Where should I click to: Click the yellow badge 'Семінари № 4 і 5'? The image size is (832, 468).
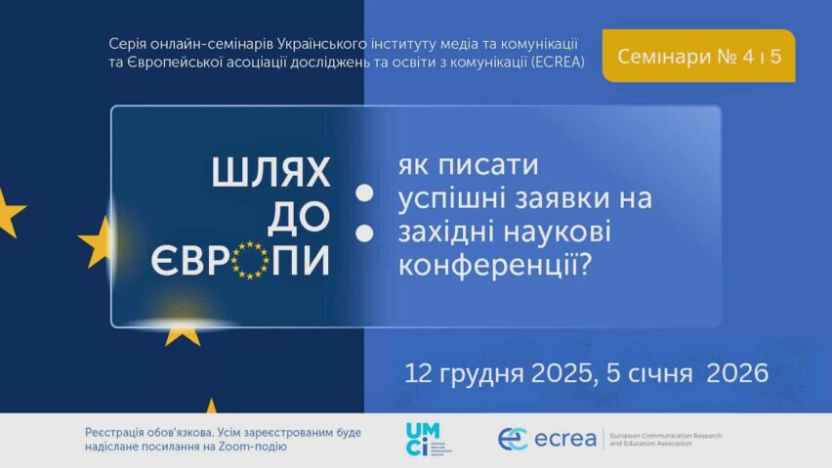699,56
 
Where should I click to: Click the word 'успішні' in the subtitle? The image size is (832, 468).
446,198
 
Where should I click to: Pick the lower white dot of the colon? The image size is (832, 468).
365,234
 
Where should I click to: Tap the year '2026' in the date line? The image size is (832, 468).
738,372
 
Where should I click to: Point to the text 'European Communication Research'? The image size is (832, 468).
665,434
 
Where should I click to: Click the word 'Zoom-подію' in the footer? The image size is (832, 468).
258,447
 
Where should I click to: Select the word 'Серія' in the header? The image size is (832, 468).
129,44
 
